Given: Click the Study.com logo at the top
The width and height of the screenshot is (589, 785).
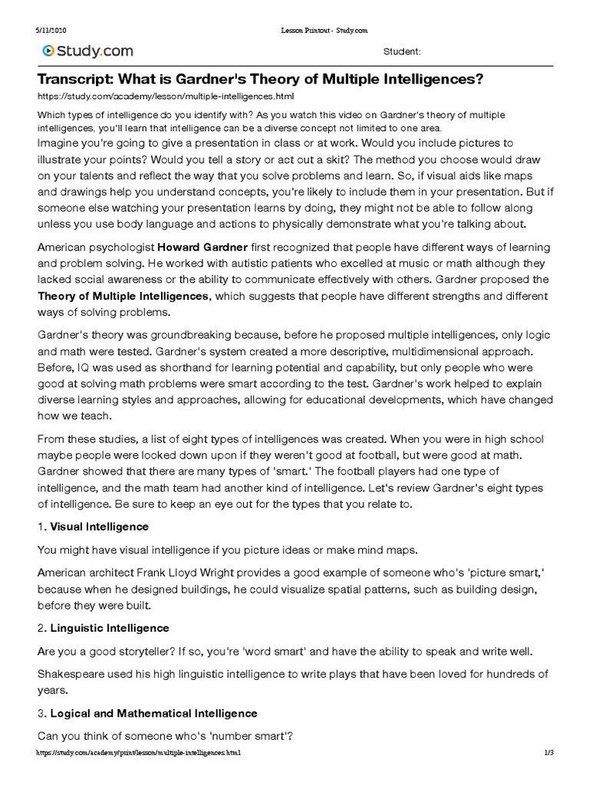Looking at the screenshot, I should pyautogui.click(x=88, y=51).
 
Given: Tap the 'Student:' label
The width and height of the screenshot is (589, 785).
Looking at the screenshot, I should pyautogui.click(x=401, y=51).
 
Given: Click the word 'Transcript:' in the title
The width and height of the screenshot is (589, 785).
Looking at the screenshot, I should pyautogui.click(x=75, y=80).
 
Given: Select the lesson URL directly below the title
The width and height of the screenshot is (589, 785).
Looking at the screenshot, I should pyautogui.click(x=166, y=97).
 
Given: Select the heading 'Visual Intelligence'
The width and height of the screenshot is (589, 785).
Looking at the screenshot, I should pyautogui.click(x=99, y=527).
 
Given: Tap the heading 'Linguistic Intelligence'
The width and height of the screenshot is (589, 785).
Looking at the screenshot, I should pyautogui.click(x=110, y=628).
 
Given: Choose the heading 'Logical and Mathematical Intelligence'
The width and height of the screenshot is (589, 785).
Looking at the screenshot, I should pyautogui.click(x=153, y=713).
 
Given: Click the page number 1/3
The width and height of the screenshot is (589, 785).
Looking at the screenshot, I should pyautogui.click(x=548, y=753).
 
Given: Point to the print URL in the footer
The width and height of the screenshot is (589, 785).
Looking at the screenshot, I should pyautogui.click(x=139, y=753).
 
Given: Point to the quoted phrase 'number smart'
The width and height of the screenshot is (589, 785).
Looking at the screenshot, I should pyautogui.click(x=240, y=736).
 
